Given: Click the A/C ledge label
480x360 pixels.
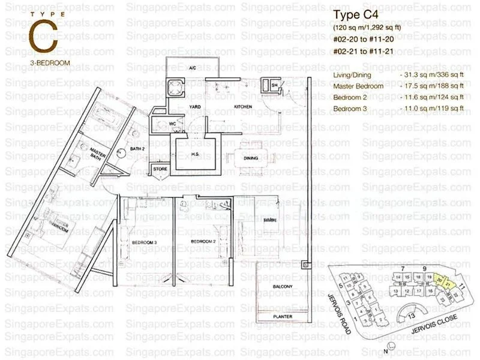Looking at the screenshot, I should point(193,68).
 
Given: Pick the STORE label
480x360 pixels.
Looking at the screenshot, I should point(160,170).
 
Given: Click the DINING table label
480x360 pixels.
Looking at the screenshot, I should point(251,158).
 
